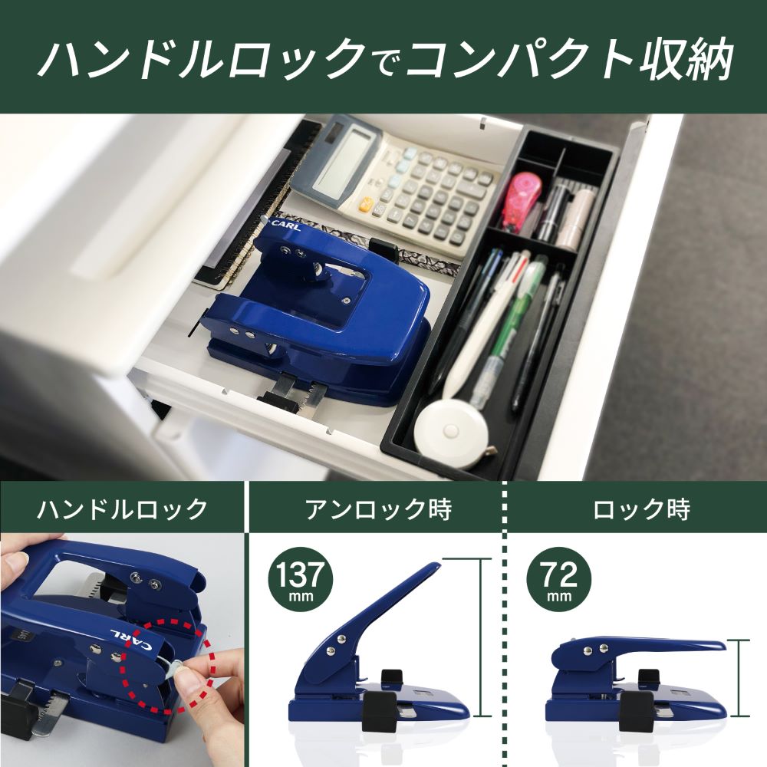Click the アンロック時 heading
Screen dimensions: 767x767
[378, 509]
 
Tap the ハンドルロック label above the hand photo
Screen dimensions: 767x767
[123, 509]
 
